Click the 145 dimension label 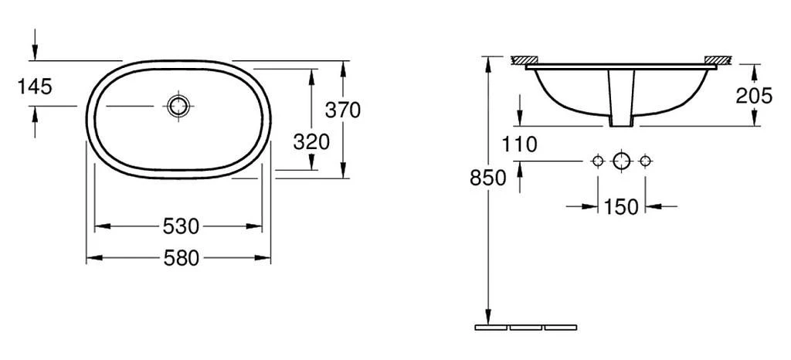coord(35,87)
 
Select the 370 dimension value coord(342,110)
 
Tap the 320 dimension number coord(311,141)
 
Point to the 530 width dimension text coord(181,226)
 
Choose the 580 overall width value coord(181,258)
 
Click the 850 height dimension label coord(488,178)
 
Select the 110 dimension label coord(518,144)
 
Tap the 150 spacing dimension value coord(622,206)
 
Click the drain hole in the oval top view coord(178,107)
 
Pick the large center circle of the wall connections coord(622,161)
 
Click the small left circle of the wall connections coord(597,161)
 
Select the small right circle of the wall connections coord(646,161)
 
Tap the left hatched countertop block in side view coord(524,59)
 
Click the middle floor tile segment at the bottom coord(525,328)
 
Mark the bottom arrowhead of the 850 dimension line coord(488,316)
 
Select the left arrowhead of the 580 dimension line coord(92,258)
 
